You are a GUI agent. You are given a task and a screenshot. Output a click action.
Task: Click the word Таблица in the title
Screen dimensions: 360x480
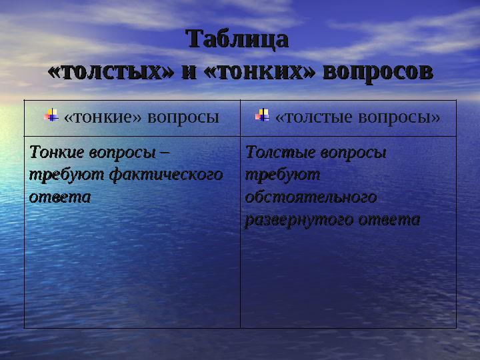(238, 39)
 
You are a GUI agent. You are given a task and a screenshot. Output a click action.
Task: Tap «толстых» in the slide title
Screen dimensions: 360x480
(107, 71)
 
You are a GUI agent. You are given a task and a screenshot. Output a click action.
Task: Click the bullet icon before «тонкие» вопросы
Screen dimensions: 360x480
(51, 116)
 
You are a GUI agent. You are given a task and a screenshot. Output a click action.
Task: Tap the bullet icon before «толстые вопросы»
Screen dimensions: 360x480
(263, 116)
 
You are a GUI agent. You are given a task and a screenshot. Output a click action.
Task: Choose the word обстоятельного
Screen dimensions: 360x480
(311, 197)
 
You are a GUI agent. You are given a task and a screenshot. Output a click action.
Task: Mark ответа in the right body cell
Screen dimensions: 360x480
(389, 220)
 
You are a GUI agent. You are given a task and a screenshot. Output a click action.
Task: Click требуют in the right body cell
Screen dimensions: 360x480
(283, 175)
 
